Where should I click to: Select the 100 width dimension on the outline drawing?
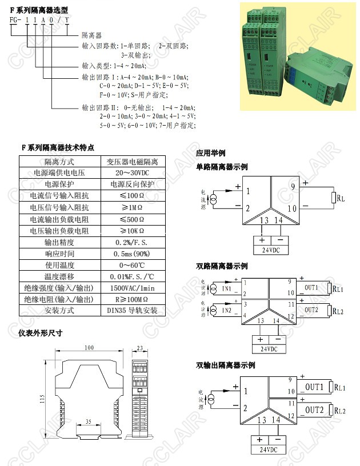tap(89, 347)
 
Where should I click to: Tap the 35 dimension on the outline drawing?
tap(88, 421)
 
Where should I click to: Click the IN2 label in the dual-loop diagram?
tap(226, 310)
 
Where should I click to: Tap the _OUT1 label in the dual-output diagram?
tap(313, 388)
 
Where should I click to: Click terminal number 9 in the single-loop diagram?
tap(293, 187)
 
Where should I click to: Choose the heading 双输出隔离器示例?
tap(225, 365)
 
